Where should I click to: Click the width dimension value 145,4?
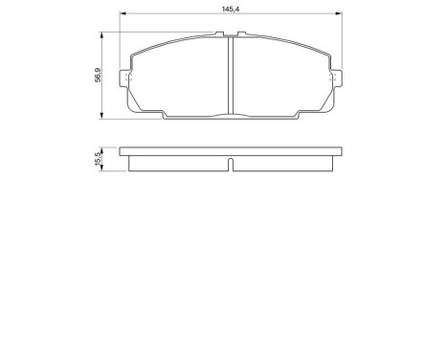point(229,9)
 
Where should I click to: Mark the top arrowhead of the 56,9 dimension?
point(103,34)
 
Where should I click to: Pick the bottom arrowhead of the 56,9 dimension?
point(103,116)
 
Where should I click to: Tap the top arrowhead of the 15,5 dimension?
point(103,148)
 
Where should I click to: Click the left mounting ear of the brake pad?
point(123,79)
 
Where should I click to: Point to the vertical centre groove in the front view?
point(231,77)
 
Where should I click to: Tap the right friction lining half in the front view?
point(283,77)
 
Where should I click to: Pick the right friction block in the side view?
point(283,163)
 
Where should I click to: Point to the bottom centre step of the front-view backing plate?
point(231,117)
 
